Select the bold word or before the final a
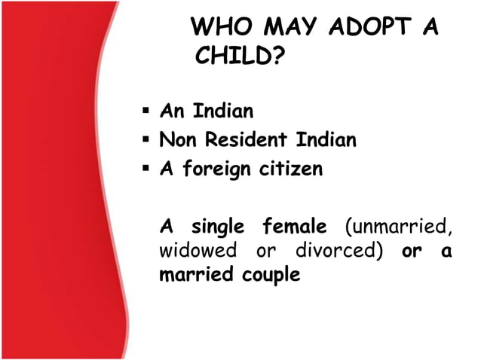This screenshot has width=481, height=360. coord(412,252)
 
